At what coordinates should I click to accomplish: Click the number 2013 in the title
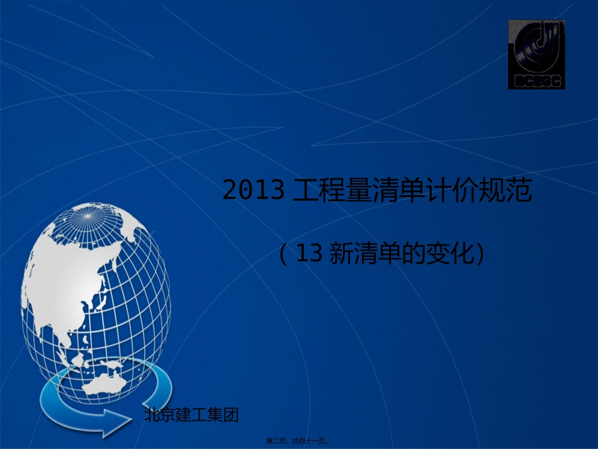coord(254,191)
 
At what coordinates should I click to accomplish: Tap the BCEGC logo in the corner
coord(536,54)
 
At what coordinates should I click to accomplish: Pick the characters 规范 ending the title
coord(507,191)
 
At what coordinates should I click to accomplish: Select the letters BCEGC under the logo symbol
coord(536,81)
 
